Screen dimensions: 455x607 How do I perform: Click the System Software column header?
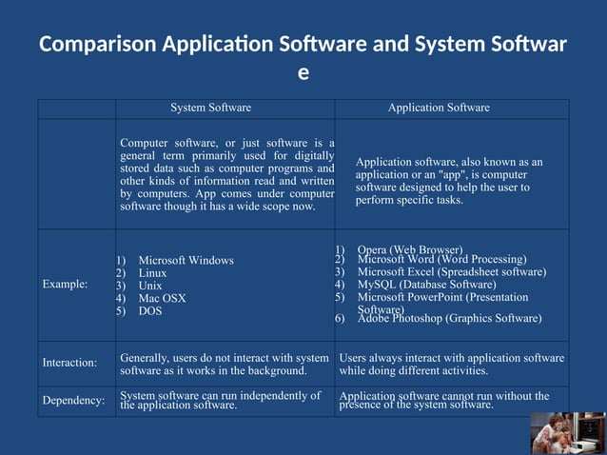point(210,108)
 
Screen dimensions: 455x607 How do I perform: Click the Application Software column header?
point(439,108)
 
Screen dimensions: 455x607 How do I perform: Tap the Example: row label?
point(65,285)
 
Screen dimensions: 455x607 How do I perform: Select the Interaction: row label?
point(69,363)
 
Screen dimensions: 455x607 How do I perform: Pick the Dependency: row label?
point(73,400)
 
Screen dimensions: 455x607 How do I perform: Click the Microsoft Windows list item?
point(186,260)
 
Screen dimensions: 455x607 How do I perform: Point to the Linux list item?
point(152,273)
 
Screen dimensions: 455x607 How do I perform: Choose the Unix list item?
point(150,286)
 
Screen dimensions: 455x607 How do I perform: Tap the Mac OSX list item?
point(162,298)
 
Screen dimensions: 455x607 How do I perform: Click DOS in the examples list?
point(150,311)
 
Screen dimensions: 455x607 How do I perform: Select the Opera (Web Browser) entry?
point(410,249)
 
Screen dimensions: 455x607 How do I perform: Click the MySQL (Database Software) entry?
point(426,285)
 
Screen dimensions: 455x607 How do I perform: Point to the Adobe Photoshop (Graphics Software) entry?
point(449,319)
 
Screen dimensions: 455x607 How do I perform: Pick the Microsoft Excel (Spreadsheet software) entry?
point(451,272)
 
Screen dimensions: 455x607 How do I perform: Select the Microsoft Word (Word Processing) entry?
point(441,259)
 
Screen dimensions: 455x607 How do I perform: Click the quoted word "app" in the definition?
point(452,175)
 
